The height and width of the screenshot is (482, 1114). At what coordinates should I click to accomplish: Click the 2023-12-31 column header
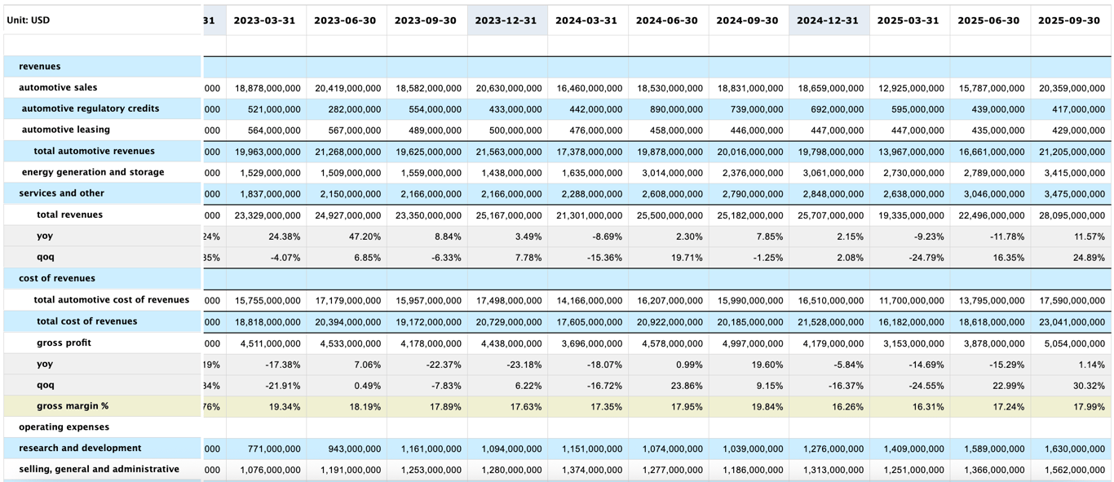(x=506, y=20)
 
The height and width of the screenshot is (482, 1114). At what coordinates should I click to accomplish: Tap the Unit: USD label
(x=29, y=20)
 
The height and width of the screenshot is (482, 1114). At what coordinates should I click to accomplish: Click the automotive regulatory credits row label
(x=91, y=108)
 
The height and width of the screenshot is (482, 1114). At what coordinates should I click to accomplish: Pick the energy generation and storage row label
(x=93, y=172)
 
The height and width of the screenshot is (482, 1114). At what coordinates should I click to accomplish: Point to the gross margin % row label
(x=73, y=405)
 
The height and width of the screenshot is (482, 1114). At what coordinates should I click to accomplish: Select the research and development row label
(x=80, y=448)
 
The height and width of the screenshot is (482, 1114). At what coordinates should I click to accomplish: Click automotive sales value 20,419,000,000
(x=347, y=88)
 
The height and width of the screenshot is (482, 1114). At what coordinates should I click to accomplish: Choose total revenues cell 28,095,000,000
(x=1071, y=215)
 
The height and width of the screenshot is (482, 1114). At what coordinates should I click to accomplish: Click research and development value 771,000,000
(x=267, y=449)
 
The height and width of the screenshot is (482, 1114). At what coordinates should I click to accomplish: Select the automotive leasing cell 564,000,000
(x=267, y=130)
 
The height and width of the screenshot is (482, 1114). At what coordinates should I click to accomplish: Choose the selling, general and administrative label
(x=99, y=469)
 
